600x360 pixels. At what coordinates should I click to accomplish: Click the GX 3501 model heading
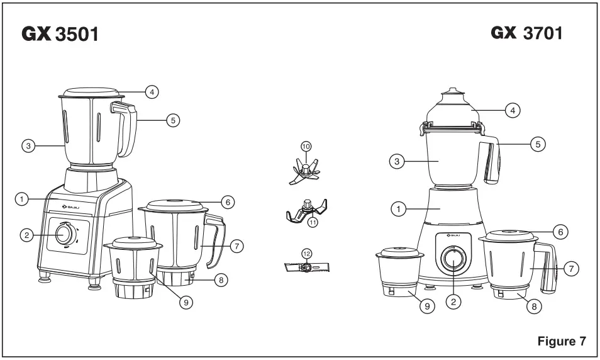click(60, 34)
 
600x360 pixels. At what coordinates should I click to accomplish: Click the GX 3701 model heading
click(526, 33)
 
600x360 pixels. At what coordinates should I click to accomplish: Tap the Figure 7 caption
click(562, 342)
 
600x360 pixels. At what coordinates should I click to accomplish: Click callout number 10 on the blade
click(306, 146)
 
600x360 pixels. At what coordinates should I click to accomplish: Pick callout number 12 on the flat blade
click(306, 253)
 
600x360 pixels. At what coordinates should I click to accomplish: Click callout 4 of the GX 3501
click(151, 92)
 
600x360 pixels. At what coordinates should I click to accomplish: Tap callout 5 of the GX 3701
click(537, 144)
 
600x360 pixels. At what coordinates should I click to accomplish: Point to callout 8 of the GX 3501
click(220, 280)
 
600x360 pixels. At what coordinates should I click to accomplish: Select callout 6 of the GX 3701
click(562, 232)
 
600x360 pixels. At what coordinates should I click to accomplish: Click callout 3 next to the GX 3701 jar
click(396, 162)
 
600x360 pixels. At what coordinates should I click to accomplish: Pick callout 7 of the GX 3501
click(236, 246)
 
